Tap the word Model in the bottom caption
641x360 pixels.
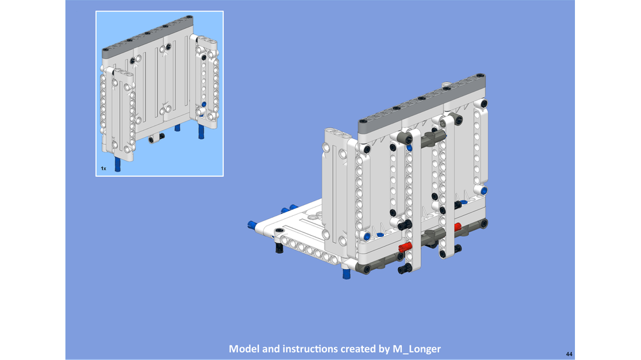tap(244, 349)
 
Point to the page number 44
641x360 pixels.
tap(569, 354)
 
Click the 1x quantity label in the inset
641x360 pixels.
tap(103, 168)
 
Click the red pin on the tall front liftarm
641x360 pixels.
tap(406, 247)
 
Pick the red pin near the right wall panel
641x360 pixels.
tap(458, 227)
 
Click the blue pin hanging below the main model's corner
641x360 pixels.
tap(346, 274)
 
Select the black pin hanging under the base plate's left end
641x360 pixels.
tap(279, 247)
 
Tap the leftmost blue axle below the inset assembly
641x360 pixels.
tap(118, 165)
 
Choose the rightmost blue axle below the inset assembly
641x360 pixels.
tap(201, 131)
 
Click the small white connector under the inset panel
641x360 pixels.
tap(154, 138)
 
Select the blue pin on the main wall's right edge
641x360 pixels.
tap(484, 190)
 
